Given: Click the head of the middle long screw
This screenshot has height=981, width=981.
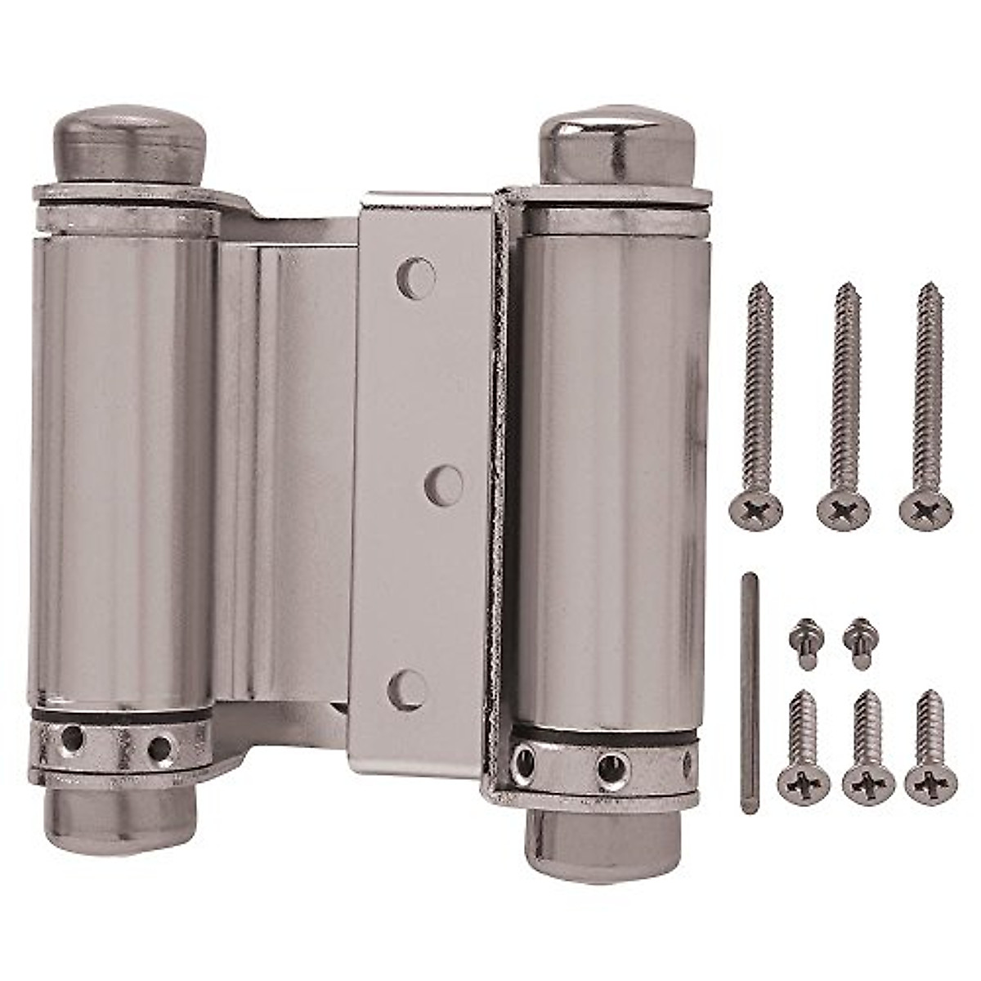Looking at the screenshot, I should tap(841, 512).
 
